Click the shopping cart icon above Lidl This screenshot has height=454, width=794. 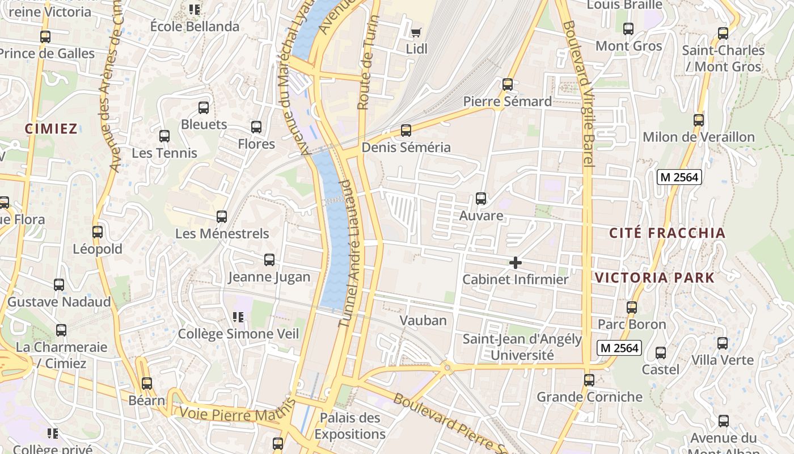(416, 33)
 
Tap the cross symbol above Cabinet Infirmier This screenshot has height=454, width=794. (515, 263)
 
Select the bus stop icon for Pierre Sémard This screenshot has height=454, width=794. (508, 85)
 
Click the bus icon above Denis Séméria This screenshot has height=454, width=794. (406, 131)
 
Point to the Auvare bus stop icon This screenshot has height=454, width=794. (481, 199)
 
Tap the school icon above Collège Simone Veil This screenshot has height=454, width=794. (238, 317)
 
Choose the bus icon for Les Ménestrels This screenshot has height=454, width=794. (222, 217)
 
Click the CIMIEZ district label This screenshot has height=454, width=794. (51, 129)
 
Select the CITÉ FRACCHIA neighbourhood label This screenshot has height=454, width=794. (667, 233)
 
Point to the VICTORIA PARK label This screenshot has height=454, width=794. (654, 278)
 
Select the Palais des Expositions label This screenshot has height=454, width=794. (350, 426)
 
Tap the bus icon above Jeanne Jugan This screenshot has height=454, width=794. (269, 260)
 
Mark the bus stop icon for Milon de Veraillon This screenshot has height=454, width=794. (699, 120)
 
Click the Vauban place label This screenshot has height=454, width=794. (423, 320)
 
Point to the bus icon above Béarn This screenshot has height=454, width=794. (147, 384)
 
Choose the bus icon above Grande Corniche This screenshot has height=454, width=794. (589, 380)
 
